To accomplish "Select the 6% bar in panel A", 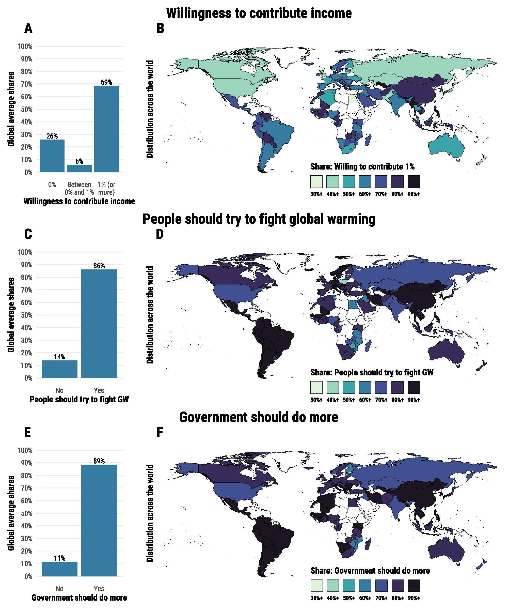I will point(79,169).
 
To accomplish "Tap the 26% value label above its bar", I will point(52,136).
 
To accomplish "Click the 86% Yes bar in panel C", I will point(99,324).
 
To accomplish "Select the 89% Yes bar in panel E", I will point(99,520).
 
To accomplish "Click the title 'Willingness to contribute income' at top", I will point(259,13).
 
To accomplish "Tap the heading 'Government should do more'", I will point(259,417).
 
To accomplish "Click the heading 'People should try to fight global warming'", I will point(259,219).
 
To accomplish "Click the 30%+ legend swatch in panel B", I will point(316,181).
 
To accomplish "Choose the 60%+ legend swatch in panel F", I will point(365,586).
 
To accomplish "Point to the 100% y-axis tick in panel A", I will point(25,46).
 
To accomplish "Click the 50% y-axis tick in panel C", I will point(26,315).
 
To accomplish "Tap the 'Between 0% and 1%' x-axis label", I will point(79,188).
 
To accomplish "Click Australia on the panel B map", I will point(446,145).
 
